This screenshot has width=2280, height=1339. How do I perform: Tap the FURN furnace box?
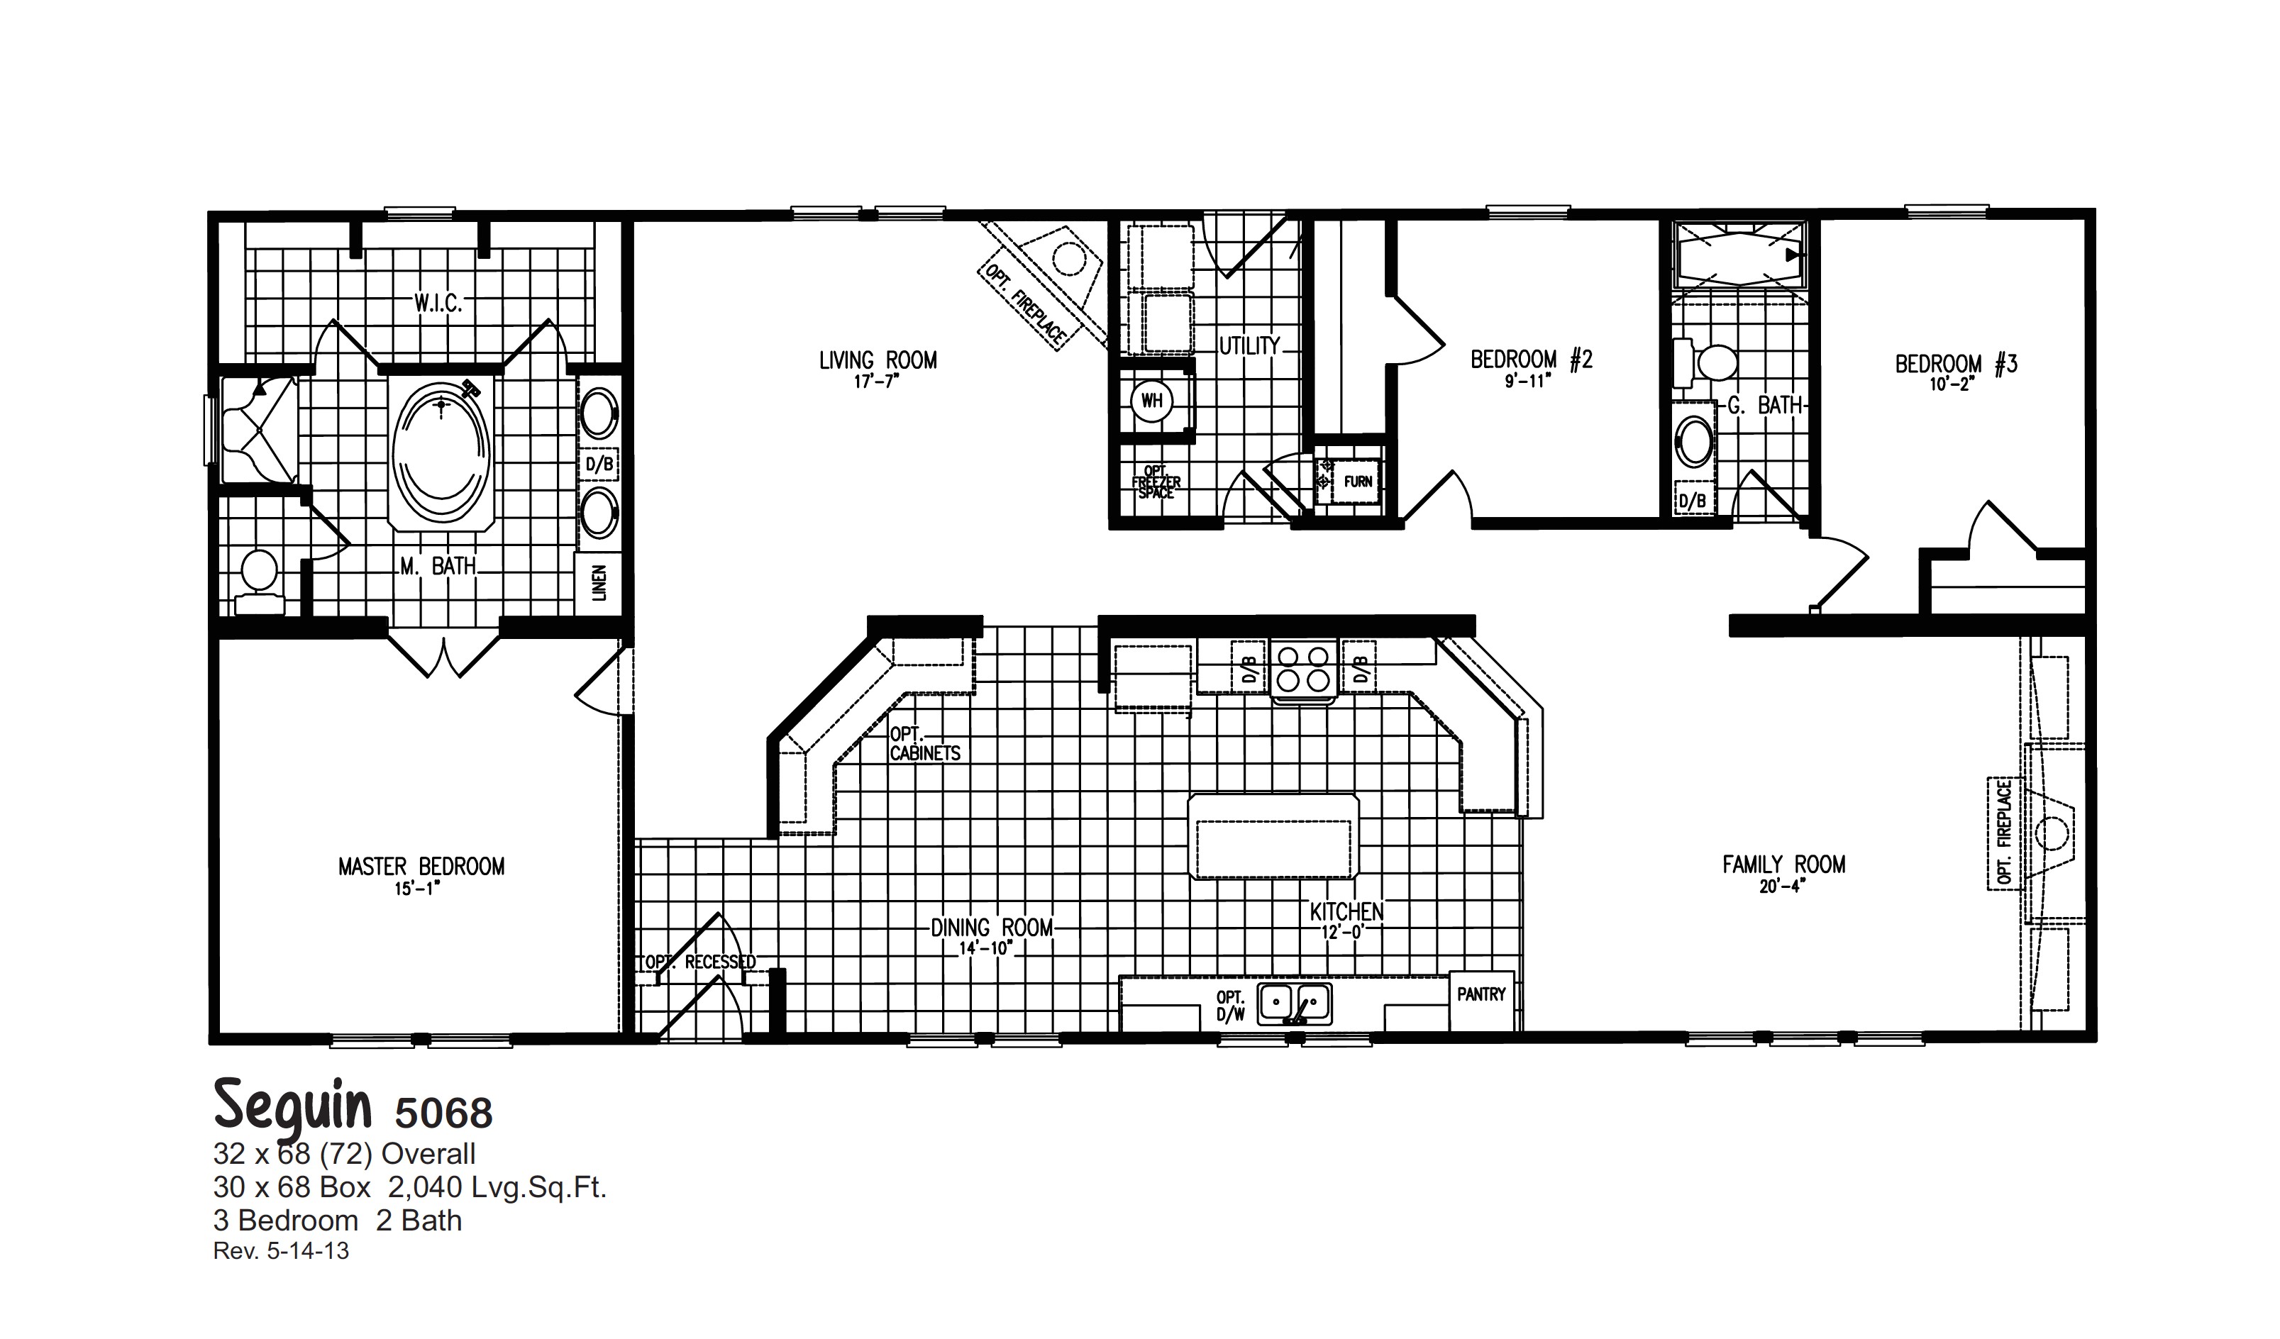click(x=1357, y=482)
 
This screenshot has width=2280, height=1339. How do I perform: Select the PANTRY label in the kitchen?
click(x=1481, y=994)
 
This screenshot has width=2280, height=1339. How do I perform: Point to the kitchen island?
click(x=1273, y=837)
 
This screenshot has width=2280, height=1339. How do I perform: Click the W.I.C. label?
click(x=439, y=303)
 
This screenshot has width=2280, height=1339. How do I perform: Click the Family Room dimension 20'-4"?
click(x=1783, y=887)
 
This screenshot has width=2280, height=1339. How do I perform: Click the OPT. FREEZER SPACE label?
click(x=1156, y=482)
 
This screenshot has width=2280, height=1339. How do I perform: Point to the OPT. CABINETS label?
click(x=924, y=744)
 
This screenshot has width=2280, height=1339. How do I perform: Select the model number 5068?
click(x=443, y=1113)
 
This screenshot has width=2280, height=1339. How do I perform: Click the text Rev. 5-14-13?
click(x=280, y=1251)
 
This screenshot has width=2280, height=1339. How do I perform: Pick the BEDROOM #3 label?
click(x=1956, y=364)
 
